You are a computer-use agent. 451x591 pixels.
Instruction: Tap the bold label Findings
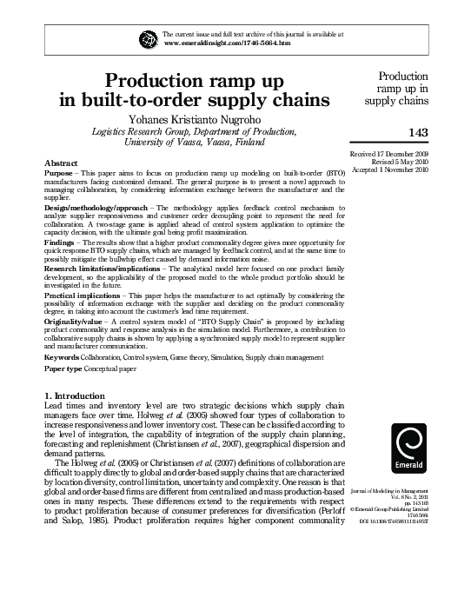coord(62,246)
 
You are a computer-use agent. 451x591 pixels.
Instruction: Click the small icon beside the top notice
coord(145,37)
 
